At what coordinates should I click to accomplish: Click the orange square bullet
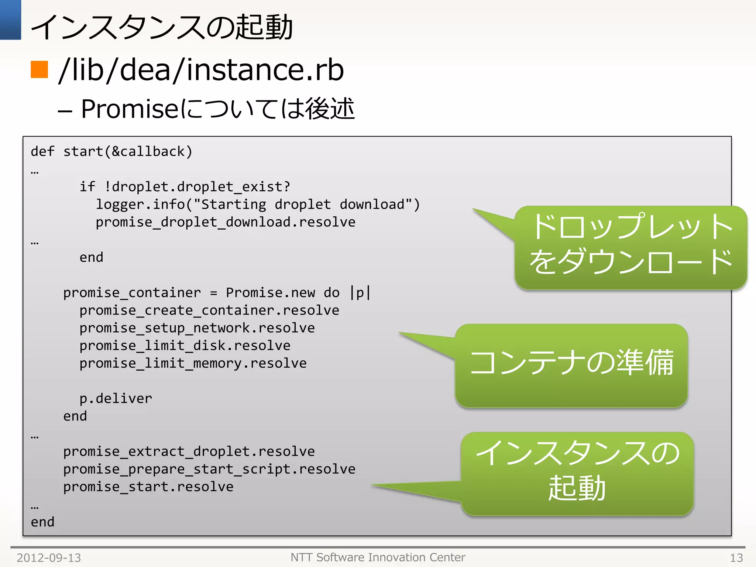tap(39, 69)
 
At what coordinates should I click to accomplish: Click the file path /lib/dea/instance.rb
tap(201, 70)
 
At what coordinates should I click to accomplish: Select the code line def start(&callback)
tap(111, 151)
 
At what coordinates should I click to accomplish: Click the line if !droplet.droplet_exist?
tap(185, 186)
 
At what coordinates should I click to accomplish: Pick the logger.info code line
tap(258, 204)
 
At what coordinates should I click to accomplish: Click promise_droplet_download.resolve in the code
tap(226, 222)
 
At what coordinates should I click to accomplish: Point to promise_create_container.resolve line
tap(209, 310)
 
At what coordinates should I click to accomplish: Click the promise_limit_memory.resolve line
tap(193, 363)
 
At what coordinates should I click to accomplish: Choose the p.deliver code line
tap(116, 398)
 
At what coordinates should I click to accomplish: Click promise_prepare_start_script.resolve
tap(209, 469)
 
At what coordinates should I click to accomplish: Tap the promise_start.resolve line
tap(148, 487)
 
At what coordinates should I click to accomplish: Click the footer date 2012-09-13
tap(49, 557)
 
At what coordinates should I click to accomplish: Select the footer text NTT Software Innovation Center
tap(378, 557)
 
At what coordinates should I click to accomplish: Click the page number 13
tap(736, 557)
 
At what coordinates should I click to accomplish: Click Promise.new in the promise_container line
tap(270, 292)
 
